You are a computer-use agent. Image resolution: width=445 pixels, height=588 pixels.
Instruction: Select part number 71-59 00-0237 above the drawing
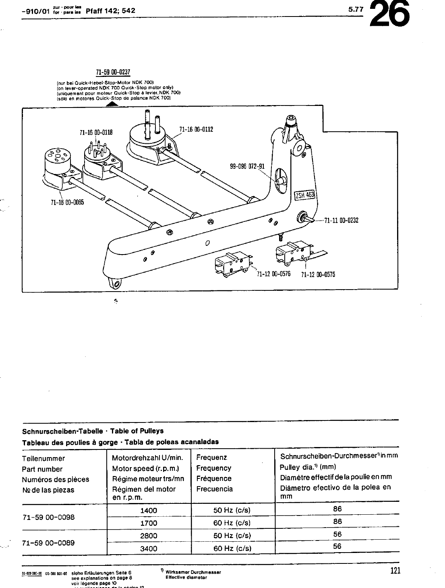click(x=113, y=72)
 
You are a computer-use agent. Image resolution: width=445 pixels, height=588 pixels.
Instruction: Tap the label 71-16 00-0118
click(x=96, y=132)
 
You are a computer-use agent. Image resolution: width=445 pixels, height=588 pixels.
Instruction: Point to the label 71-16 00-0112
click(x=196, y=129)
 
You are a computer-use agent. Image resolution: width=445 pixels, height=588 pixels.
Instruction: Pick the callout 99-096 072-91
click(x=247, y=166)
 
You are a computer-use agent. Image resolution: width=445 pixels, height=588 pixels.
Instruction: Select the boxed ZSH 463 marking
click(x=304, y=195)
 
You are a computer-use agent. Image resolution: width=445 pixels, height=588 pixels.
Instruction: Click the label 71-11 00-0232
click(x=341, y=220)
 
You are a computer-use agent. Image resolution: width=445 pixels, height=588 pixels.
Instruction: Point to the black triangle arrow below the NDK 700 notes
click(x=112, y=104)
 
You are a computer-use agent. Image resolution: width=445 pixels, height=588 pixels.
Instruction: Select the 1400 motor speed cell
click(x=149, y=510)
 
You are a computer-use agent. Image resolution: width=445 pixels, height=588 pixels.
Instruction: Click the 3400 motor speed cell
click(x=149, y=548)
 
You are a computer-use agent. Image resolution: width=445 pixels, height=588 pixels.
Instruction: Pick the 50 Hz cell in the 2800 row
click(x=232, y=536)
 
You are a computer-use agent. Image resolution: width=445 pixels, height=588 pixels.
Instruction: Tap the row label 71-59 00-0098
click(x=48, y=517)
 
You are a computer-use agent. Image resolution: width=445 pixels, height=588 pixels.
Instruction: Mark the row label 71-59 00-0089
click(x=48, y=542)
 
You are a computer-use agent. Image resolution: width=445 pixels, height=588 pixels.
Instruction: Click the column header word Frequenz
click(x=212, y=458)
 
